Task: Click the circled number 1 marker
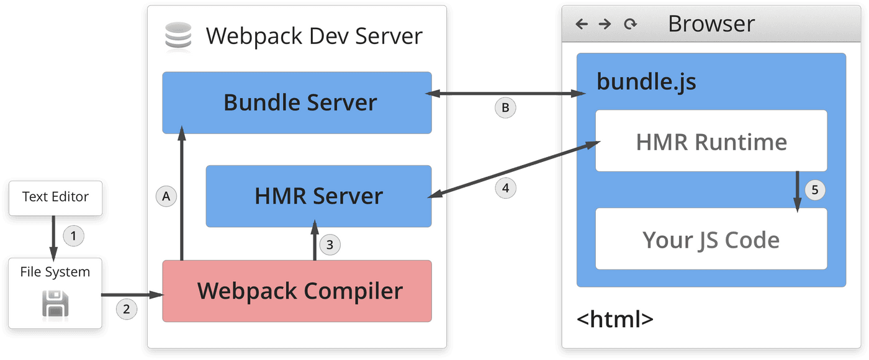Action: pos(74,236)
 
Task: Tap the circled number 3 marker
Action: pos(330,245)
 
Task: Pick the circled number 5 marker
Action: pos(815,190)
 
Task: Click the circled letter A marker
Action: pos(166,196)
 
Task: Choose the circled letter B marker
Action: pos(505,107)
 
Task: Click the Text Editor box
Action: pos(55,197)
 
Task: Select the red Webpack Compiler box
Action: pos(297,291)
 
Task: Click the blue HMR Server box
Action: pos(318,196)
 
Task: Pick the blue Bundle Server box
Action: pos(297,102)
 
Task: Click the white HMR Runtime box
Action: pos(711,142)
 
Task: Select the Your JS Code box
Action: pos(711,239)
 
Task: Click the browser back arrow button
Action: pos(582,24)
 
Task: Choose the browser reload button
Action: pos(631,24)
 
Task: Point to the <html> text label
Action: pos(615,320)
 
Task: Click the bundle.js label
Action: pos(646,82)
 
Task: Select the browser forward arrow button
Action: pos(605,24)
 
